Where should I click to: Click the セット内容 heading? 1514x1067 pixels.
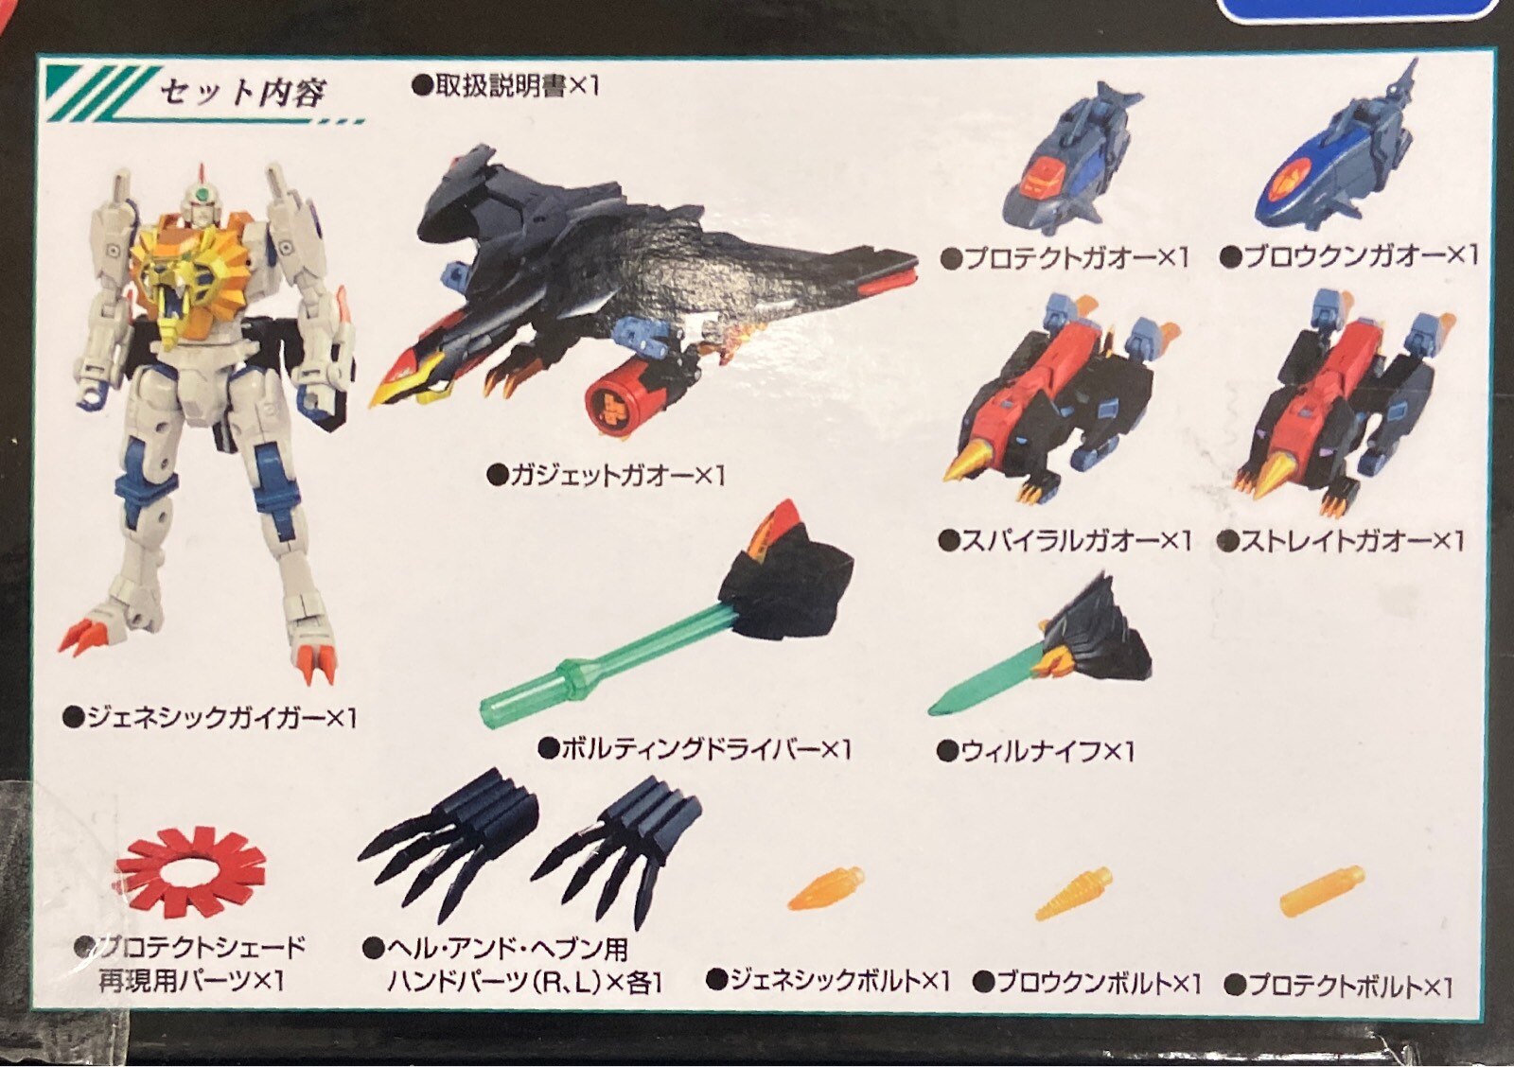point(242,93)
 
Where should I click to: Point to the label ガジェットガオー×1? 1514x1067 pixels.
point(607,476)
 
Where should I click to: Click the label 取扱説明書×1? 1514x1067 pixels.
point(505,86)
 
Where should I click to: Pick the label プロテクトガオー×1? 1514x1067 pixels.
point(1065,258)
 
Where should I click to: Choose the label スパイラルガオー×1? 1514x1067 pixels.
point(1065,541)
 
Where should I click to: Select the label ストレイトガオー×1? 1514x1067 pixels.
point(1343,541)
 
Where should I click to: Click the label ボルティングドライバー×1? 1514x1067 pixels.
point(695,749)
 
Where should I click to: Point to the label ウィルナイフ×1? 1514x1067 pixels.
point(1036,751)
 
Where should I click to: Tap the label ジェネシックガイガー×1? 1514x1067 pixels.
point(209,717)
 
